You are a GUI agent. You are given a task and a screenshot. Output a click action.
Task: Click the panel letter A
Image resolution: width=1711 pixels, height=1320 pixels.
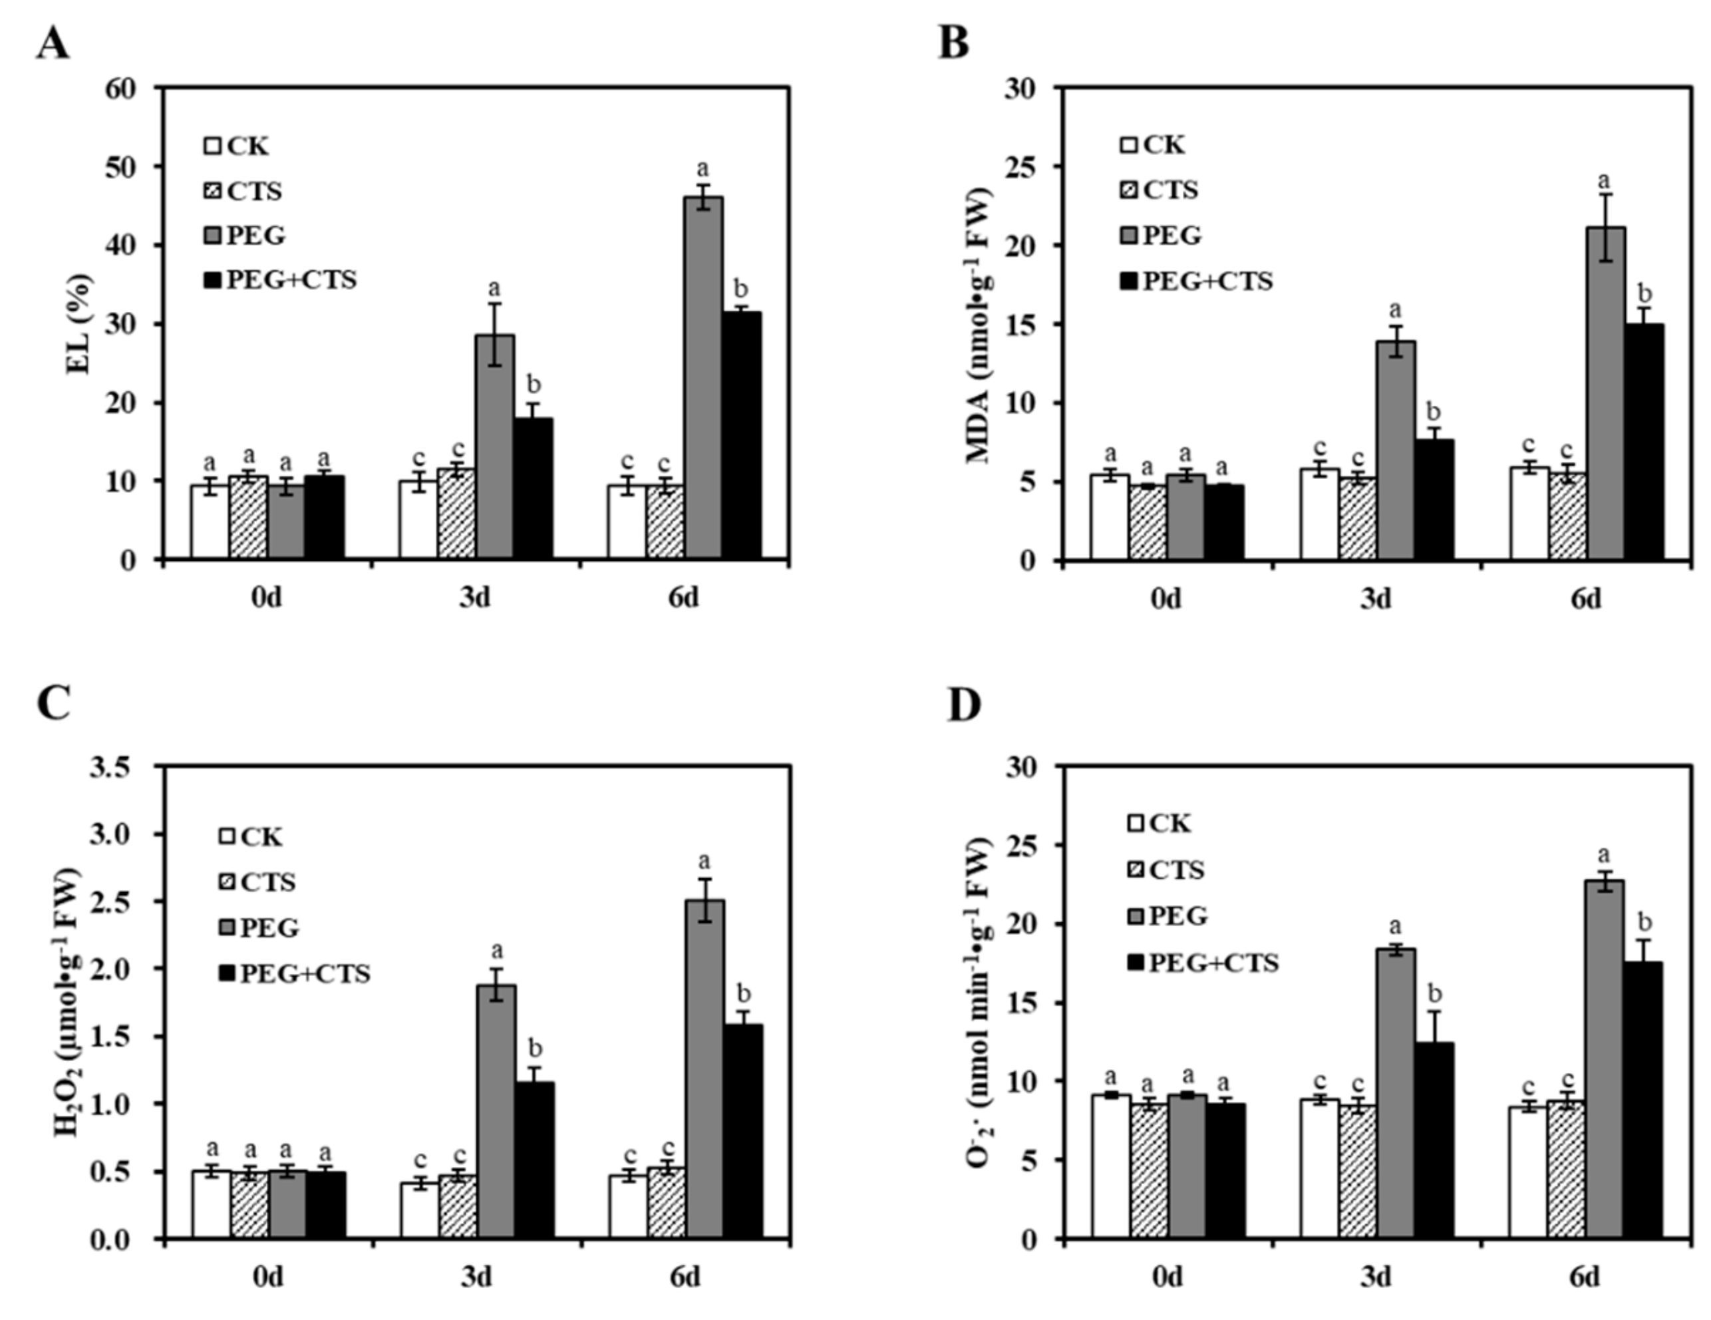coord(52,44)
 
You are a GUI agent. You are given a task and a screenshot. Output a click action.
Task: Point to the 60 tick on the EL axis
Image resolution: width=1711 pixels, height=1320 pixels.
coord(122,88)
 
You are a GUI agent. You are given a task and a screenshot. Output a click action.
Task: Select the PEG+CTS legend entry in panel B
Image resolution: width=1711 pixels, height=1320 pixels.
coord(1196,281)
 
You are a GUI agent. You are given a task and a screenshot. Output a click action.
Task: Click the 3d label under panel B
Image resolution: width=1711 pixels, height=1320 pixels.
coord(1375,599)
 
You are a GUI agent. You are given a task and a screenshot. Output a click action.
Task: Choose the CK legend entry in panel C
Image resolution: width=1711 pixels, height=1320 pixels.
coord(251,837)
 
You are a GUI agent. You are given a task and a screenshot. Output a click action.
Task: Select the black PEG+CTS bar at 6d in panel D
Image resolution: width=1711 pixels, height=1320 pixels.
coord(1644,1100)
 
